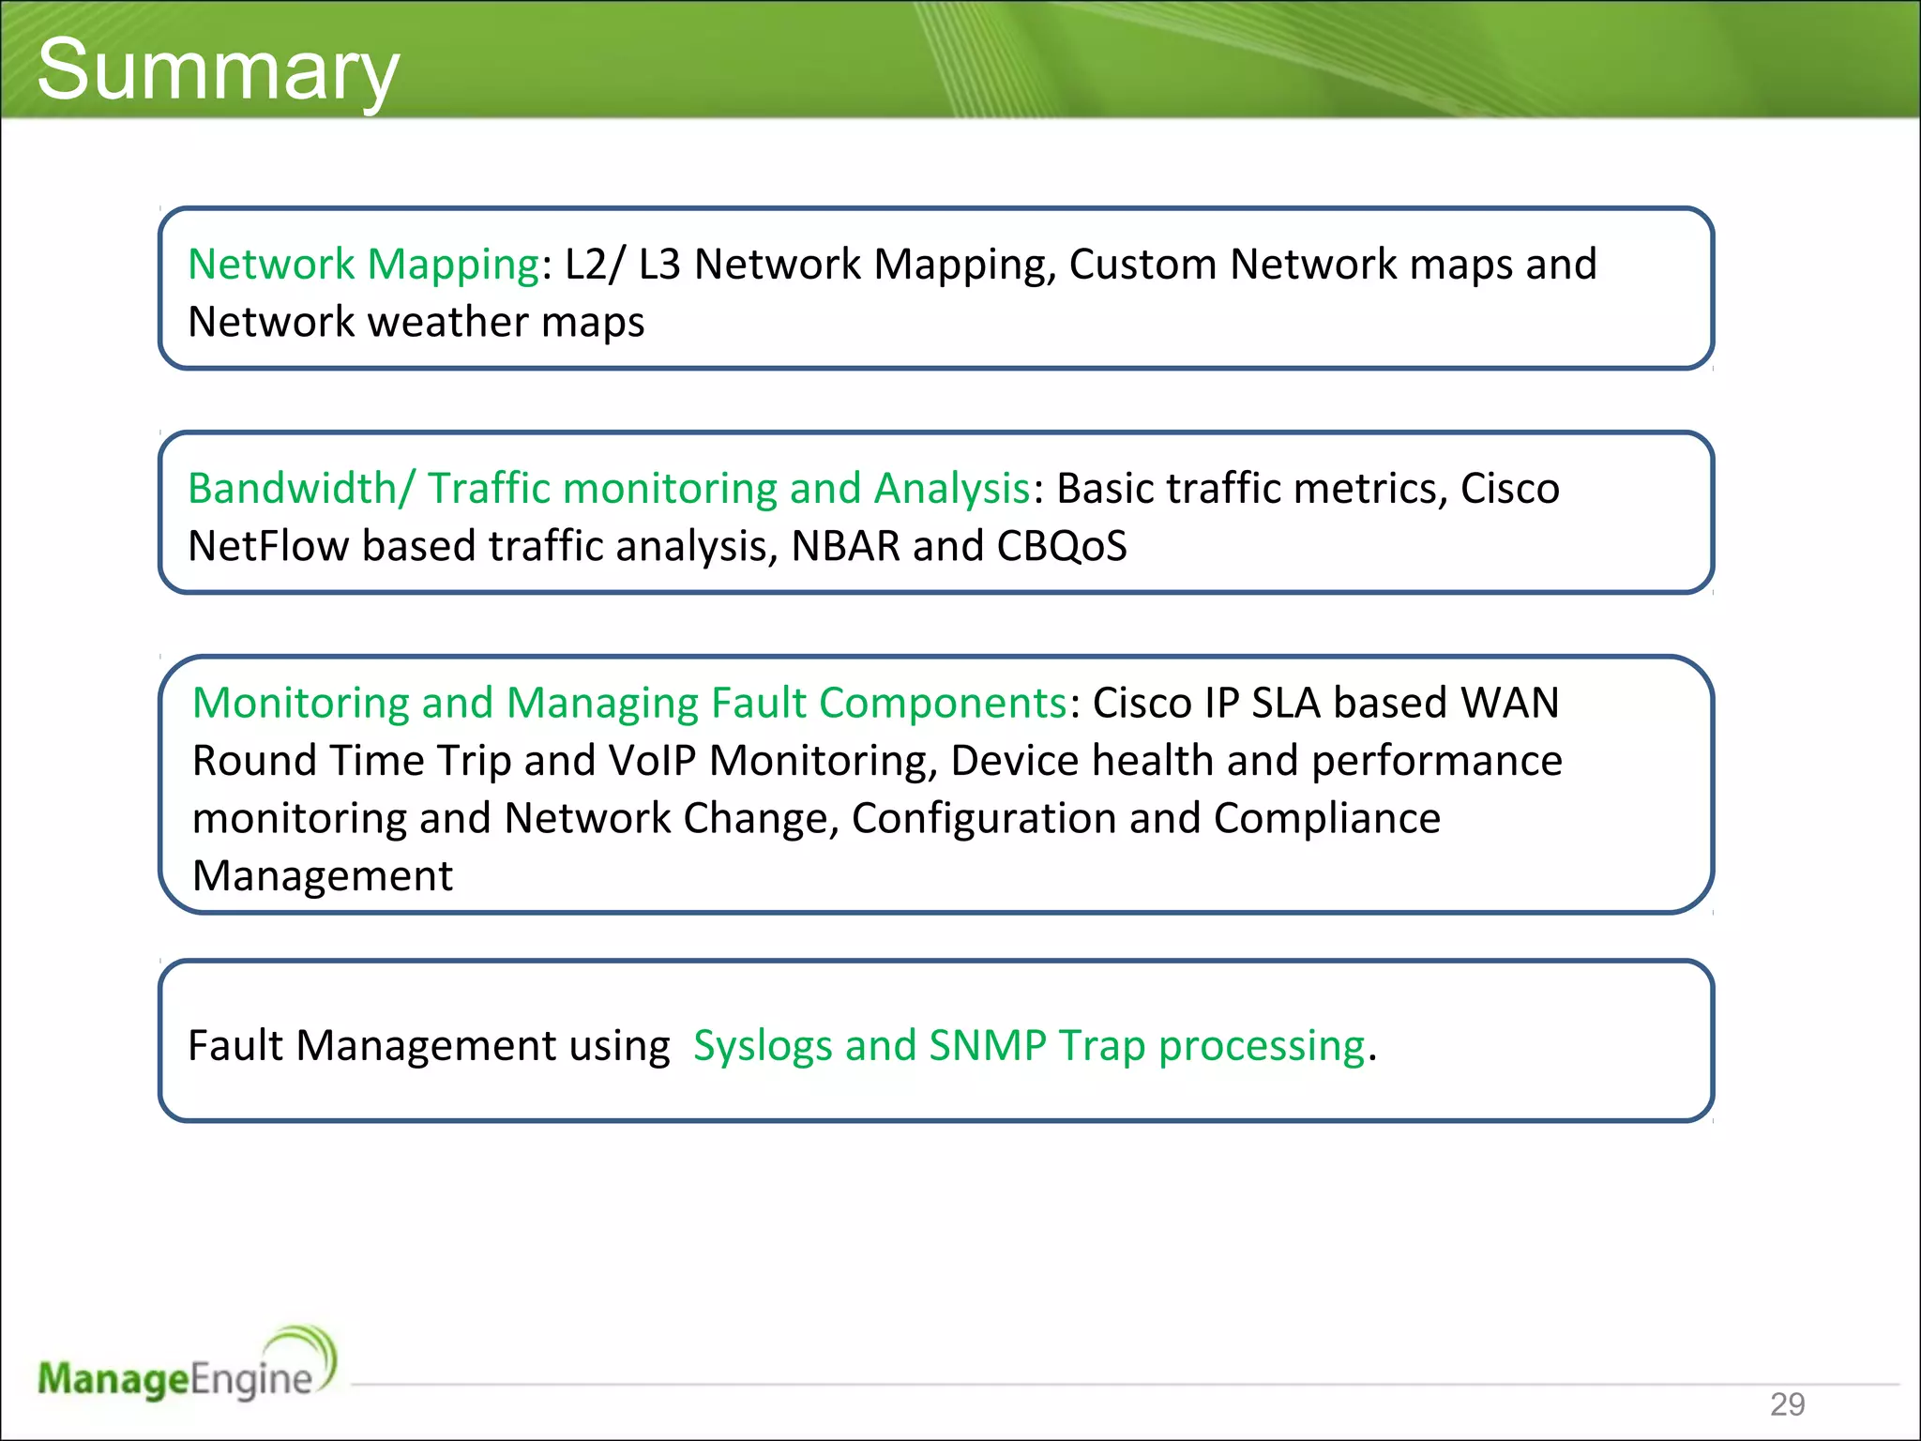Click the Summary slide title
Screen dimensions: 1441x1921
[x=218, y=70]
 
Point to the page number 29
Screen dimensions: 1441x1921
[x=1787, y=1404]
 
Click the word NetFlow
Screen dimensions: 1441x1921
[x=268, y=546]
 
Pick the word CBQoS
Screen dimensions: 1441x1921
[x=1061, y=546]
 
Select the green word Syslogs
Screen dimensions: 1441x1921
[x=762, y=1046]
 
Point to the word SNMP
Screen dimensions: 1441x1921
[x=987, y=1046]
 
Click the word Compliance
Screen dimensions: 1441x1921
[x=1326, y=818]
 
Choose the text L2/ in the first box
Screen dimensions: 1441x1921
[x=593, y=265]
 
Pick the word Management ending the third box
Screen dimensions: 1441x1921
[x=322, y=876]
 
